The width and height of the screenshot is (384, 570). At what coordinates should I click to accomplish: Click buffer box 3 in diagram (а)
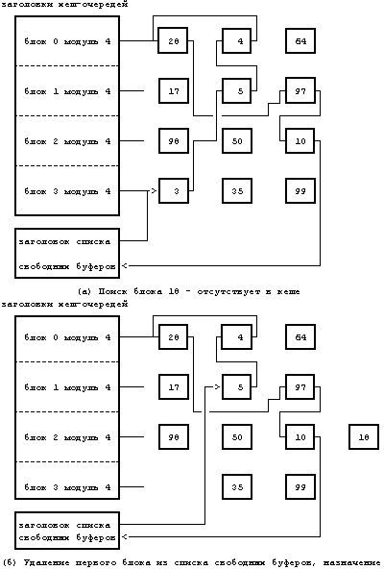[x=173, y=191]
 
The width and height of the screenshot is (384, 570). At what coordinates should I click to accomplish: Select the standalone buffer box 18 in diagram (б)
[x=364, y=437]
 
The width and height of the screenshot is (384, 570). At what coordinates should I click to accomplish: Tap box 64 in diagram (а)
[x=300, y=41]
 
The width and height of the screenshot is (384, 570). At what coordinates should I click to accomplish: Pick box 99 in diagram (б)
[x=300, y=487]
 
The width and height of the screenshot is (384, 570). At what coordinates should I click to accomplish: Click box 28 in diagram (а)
[x=173, y=41]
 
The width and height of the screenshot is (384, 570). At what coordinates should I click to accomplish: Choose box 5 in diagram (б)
[x=237, y=387]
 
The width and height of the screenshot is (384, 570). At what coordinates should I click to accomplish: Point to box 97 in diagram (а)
[x=300, y=91]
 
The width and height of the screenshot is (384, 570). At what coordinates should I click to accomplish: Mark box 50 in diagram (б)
[x=237, y=437]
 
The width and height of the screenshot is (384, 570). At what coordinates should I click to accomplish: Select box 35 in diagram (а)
[x=237, y=191]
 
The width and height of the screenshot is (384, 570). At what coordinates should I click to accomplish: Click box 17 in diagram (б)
[x=173, y=387]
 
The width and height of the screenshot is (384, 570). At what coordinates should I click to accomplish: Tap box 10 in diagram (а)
[x=300, y=141]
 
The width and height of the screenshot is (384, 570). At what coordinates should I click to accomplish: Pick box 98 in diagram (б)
[x=173, y=437]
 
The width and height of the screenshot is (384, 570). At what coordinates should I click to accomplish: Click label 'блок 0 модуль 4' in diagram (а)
[x=67, y=41]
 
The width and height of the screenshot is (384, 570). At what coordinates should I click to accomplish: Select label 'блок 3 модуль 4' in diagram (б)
[x=67, y=487]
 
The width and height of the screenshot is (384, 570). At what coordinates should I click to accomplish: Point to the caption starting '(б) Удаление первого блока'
[x=192, y=562]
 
